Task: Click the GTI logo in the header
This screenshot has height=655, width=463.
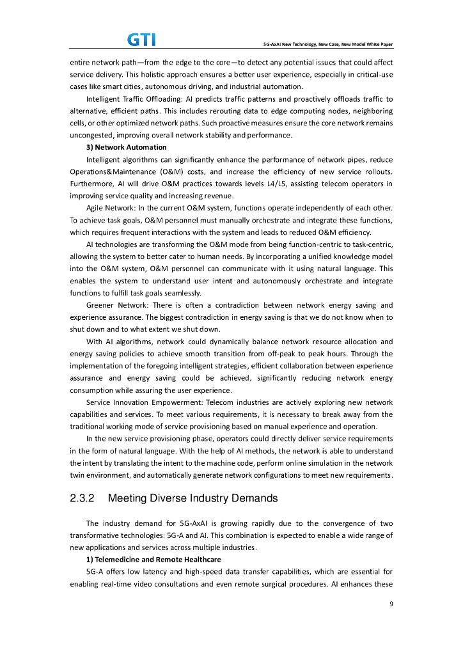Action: [141, 40]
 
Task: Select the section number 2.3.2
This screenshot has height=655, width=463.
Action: [82, 498]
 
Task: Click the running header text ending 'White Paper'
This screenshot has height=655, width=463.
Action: [328, 44]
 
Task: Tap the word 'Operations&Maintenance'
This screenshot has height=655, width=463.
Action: [106, 171]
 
